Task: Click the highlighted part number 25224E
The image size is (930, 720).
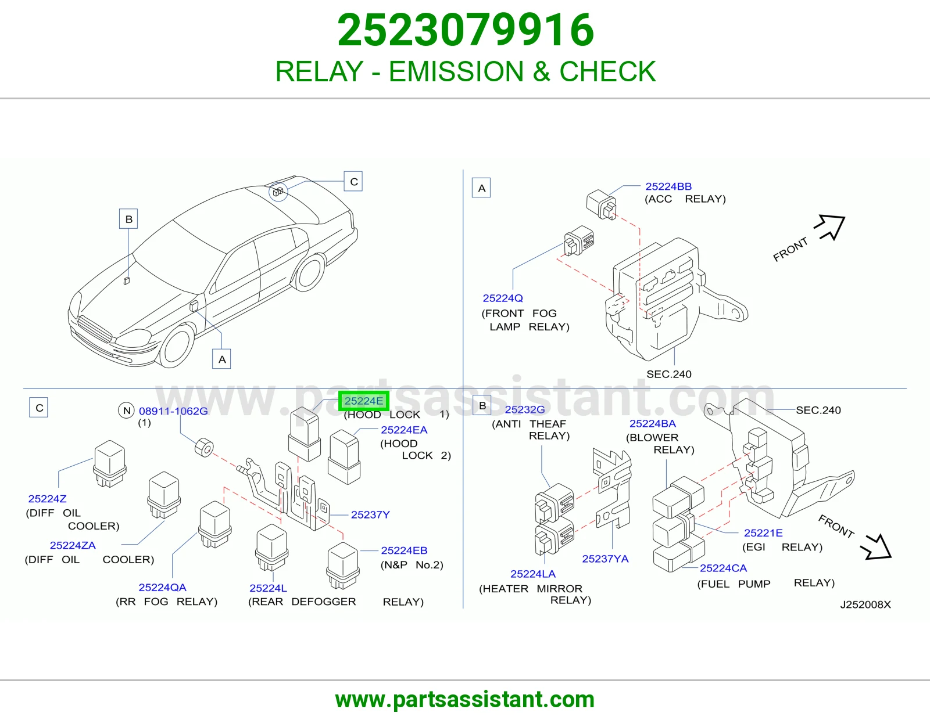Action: pos(364,401)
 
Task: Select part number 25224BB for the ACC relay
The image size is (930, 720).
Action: pos(668,186)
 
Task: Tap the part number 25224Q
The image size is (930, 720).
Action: pos(502,298)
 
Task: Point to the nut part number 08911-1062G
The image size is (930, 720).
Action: pos(173,411)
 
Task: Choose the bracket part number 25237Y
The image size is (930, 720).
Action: pos(370,514)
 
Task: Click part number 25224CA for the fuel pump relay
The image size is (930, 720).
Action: pos(723,568)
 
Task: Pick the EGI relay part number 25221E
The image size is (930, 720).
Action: pos(763,532)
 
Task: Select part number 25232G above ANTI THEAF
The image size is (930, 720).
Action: pos(525,409)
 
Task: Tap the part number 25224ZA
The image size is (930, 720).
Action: pos(73,545)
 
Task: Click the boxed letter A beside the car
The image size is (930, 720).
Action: pos(221,359)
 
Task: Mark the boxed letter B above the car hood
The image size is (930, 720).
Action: pos(128,219)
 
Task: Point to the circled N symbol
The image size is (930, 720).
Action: pos(126,411)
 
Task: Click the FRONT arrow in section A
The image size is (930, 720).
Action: pos(830,227)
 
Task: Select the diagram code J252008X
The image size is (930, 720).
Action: pos(865,604)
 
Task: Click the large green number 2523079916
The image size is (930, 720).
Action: pos(465,30)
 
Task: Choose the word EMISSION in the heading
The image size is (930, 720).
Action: pos(456,71)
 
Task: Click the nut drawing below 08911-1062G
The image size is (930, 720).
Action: pos(204,447)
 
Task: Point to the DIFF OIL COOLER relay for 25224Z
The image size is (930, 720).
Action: pos(110,463)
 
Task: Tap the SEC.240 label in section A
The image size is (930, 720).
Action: pos(668,374)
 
